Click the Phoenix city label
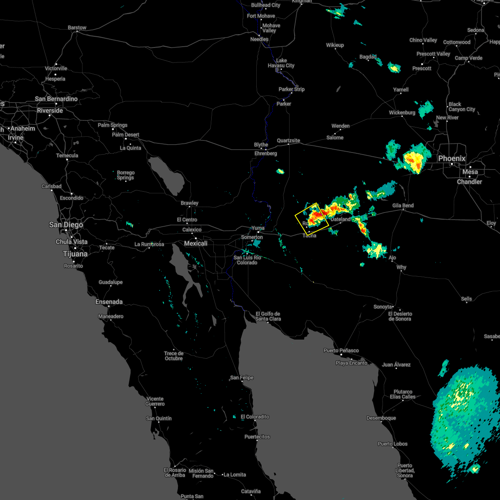pyautogui.click(x=452, y=159)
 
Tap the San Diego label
pyautogui.click(x=66, y=225)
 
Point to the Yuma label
pyautogui.click(x=257, y=228)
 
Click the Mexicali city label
pyautogui.click(x=196, y=243)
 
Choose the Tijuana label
pyautogui.click(x=75, y=254)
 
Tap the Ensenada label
pyautogui.click(x=109, y=302)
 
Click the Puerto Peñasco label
pyautogui.click(x=341, y=351)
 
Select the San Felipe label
pyautogui.click(x=242, y=378)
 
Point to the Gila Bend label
pyautogui.click(x=403, y=206)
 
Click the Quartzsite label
pyautogui.click(x=288, y=141)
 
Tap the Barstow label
pyautogui.click(x=77, y=28)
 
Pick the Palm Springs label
pyautogui.click(x=112, y=125)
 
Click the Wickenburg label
pyautogui.click(x=402, y=113)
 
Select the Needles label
pyautogui.click(x=259, y=40)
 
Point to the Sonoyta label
pyautogui.click(x=382, y=307)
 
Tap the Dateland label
pyautogui.click(x=341, y=220)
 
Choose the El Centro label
pyautogui.click(x=187, y=220)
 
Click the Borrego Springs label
pyautogui.click(x=125, y=175)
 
